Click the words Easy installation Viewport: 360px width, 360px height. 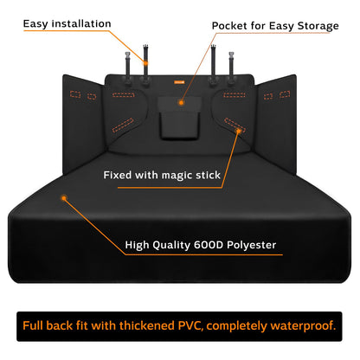point(67,23)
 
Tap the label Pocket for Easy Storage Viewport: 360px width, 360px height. point(275,26)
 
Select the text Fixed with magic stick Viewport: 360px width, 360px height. point(162,175)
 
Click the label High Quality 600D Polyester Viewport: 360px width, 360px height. point(201,245)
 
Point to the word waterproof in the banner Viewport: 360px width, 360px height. point(303,326)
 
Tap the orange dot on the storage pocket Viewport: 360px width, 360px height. point(181,102)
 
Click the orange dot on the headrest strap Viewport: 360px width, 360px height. point(145,63)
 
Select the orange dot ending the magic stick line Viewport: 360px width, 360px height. point(238,132)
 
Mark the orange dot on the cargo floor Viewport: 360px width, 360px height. point(64,198)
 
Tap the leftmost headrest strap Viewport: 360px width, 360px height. point(128,67)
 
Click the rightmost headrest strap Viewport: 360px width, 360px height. point(231,67)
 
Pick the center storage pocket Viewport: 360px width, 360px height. point(179,118)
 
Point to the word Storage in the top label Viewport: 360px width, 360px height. point(318,26)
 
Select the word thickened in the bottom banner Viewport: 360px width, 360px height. point(147,326)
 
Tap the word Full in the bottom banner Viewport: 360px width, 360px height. point(33,326)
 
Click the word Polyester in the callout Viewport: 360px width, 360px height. point(252,245)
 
